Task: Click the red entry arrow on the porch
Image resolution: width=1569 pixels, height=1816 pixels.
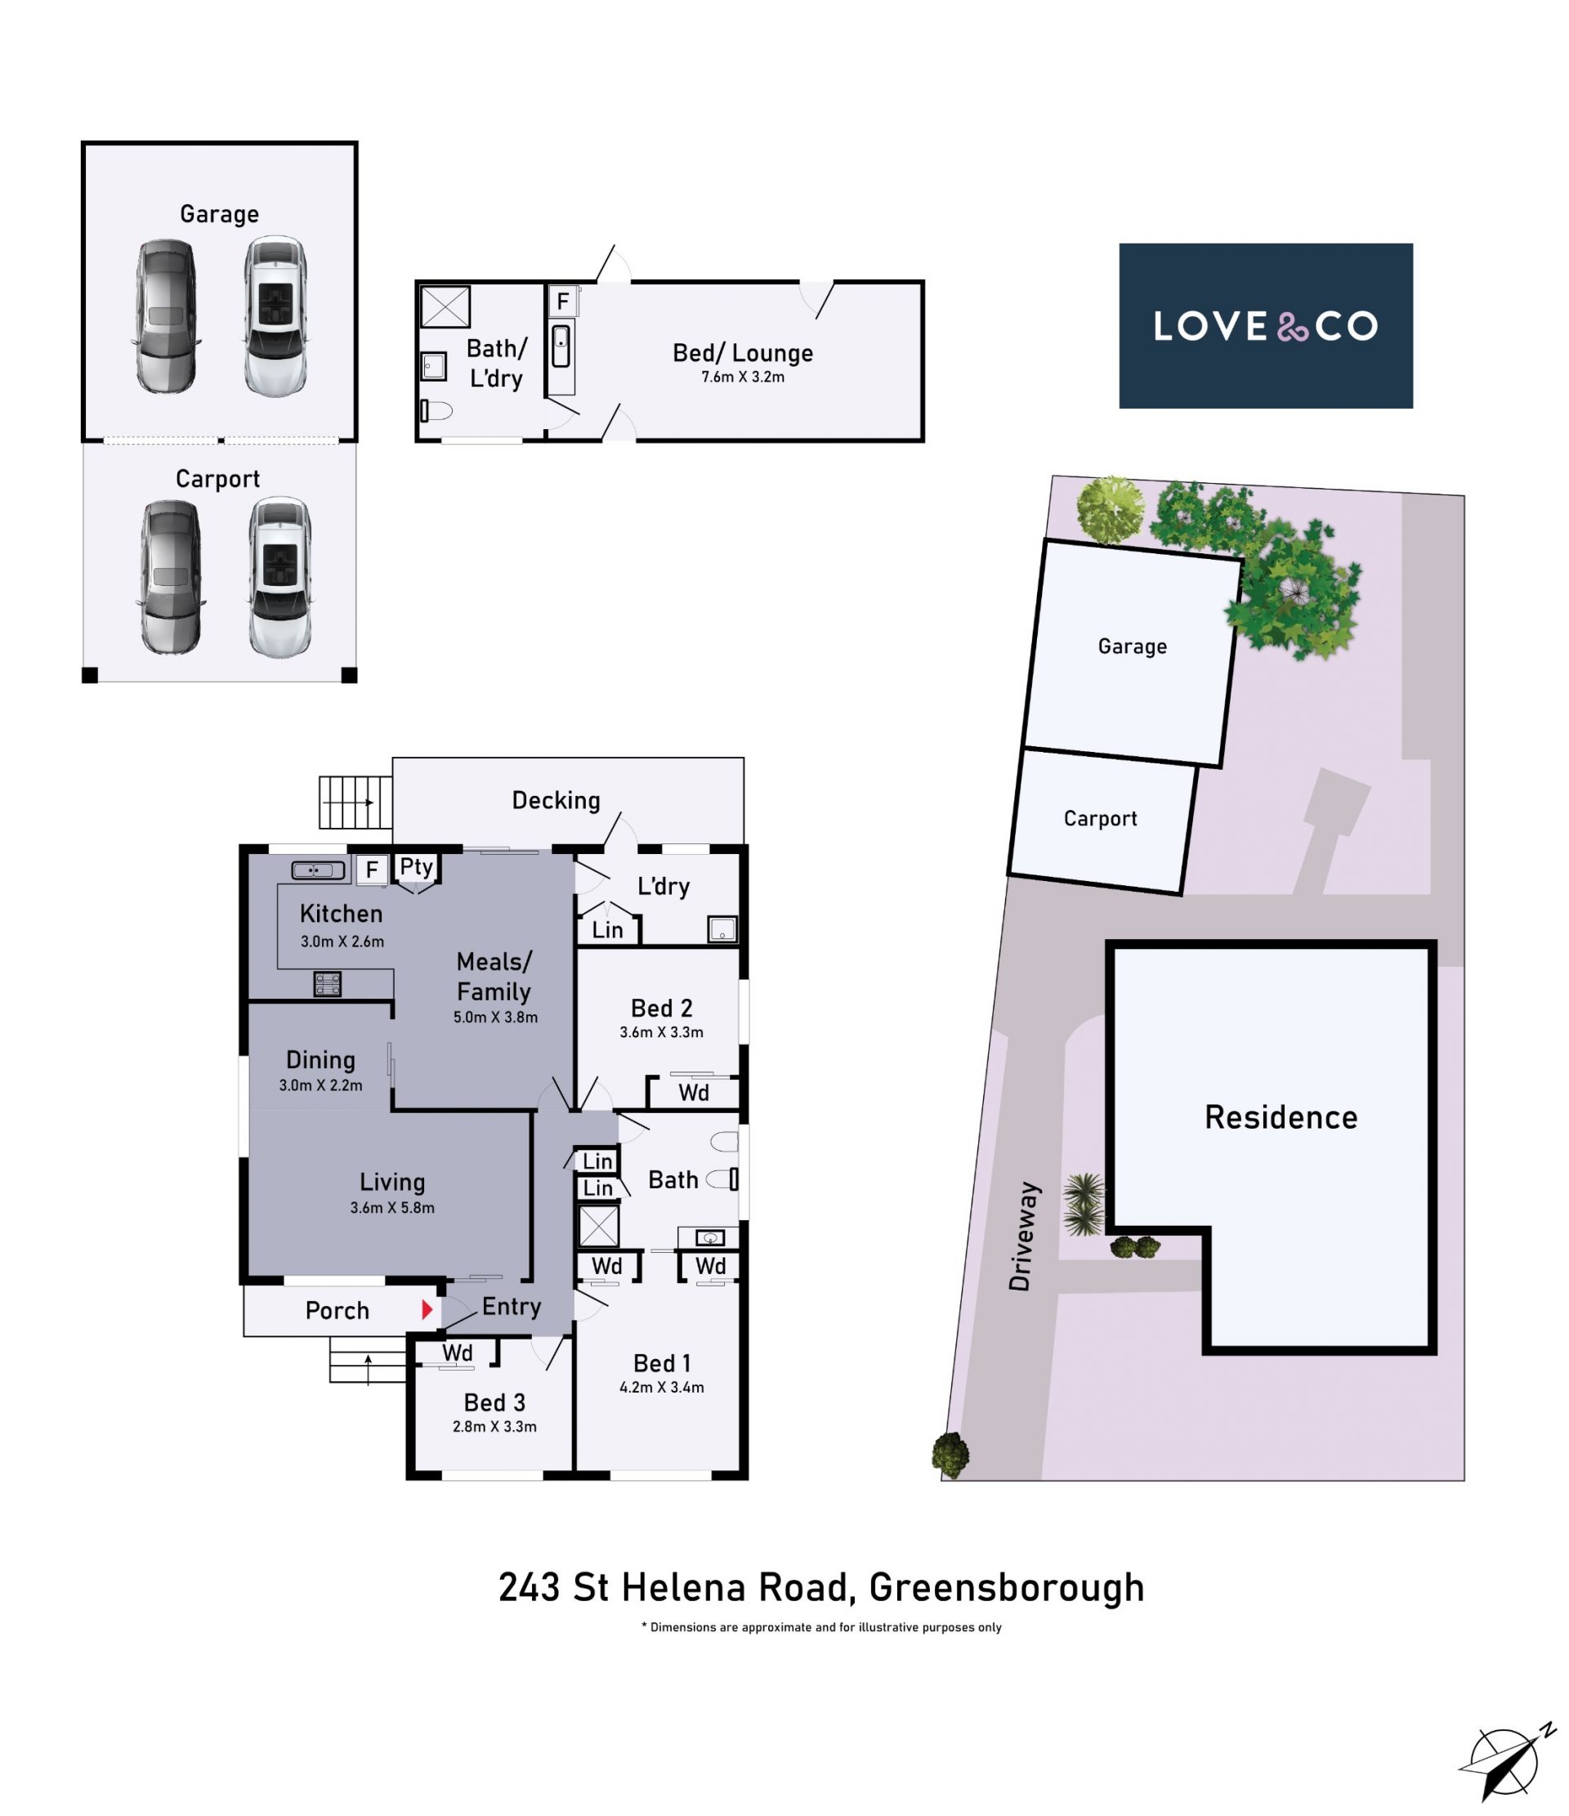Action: click(427, 1309)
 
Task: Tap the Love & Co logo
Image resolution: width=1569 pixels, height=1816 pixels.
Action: click(1265, 326)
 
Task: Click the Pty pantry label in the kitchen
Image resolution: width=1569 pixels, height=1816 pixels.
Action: click(416, 867)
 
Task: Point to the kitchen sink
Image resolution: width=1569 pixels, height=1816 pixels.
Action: click(318, 870)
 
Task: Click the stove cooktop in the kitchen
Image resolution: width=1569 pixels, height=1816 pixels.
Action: click(327, 983)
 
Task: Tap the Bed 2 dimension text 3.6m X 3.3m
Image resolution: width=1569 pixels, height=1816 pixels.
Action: click(661, 1031)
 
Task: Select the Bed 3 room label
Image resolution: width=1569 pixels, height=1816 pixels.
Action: click(494, 1402)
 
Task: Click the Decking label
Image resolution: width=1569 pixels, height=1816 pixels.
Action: click(556, 800)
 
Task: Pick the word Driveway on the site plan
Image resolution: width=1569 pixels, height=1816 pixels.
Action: click(1023, 1236)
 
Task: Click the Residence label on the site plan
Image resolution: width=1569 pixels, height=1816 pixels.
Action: click(1281, 1117)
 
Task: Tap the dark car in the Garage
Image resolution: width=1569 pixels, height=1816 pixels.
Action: click(166, 316)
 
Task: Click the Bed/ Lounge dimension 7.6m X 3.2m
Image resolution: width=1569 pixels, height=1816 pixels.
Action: click(743, 377)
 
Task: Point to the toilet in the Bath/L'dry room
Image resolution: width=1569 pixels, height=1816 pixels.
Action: click(436, 410)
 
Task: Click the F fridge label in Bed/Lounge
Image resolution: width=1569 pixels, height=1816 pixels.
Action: click(563, 302)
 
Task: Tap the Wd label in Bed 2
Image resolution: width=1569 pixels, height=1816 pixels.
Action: click(693, 1092)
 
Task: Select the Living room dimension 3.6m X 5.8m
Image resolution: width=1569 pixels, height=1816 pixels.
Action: click(391, 1207)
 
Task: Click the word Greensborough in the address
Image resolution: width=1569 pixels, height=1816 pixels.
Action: click(1006, 1587)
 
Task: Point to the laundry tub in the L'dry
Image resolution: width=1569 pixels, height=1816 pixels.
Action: click(722, 929)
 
